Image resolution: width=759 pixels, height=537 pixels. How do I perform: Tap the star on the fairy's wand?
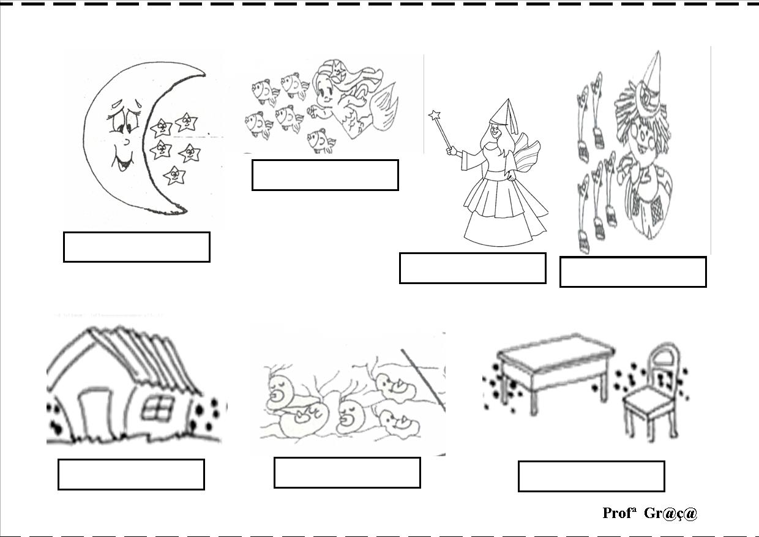pos(435,116)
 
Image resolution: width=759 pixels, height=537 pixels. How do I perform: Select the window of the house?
pos(157,408)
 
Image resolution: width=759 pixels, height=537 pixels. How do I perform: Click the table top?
pos(556,353)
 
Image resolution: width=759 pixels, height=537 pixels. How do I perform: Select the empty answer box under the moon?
pos(136,247)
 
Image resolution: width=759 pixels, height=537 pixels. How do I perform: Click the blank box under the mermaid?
pos(325,175)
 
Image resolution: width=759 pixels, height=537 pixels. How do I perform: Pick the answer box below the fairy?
pos(473,268)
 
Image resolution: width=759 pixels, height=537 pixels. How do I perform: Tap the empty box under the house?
pos(131,475)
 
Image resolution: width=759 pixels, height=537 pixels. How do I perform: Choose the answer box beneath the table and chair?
pos(591,476)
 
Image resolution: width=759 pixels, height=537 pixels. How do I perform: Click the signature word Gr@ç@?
pos(671,514)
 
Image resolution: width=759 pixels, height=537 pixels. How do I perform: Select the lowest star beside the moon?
pos(175,175)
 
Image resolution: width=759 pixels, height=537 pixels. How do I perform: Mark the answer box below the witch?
pos(633,272)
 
